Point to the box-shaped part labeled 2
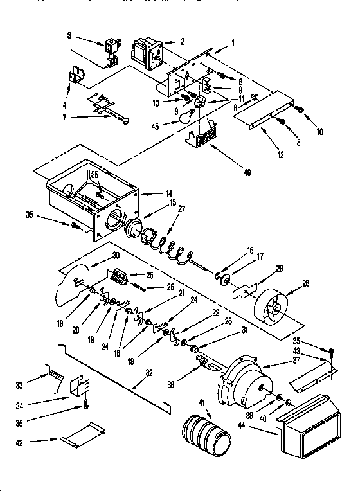click(x=147, y=51)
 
